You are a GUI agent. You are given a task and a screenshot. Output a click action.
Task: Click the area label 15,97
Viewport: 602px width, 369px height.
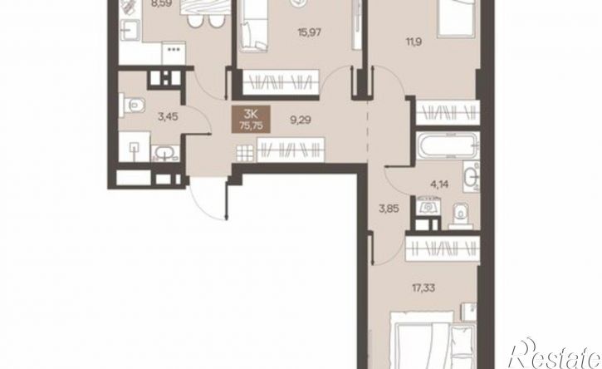tap(310, 32)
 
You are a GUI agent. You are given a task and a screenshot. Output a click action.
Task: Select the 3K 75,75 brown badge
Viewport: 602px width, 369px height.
tap(251, 119)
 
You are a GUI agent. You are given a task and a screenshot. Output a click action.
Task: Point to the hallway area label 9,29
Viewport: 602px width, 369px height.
tap(301, 121)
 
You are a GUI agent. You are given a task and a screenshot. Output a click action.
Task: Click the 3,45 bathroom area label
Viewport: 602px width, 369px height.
tap(168, 116)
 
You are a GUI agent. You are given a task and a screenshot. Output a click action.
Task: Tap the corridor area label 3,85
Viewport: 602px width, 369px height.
tap(389, 209)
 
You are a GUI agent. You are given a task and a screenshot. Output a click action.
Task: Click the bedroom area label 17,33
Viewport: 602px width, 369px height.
tap(423, 288)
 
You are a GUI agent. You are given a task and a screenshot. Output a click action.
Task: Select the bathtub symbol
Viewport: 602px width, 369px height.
tap(448, 145)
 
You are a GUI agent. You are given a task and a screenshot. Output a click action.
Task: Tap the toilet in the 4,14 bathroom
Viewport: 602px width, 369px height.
tap(459, 214)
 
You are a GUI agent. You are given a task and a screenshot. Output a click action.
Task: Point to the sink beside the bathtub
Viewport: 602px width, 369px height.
tap(471, 177)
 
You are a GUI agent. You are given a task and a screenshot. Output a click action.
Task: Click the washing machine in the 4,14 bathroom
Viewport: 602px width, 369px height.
tap(428, 206)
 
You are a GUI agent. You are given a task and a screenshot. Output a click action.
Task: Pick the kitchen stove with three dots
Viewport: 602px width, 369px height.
tap(174, 53)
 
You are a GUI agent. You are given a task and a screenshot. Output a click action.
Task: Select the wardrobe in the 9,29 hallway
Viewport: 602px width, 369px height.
tap(291, 150)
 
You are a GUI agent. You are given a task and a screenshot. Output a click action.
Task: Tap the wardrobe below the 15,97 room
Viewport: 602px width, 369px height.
tap(281, 81)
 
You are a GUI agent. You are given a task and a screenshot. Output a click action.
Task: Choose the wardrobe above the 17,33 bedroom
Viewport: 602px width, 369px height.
tap(443, 250)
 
